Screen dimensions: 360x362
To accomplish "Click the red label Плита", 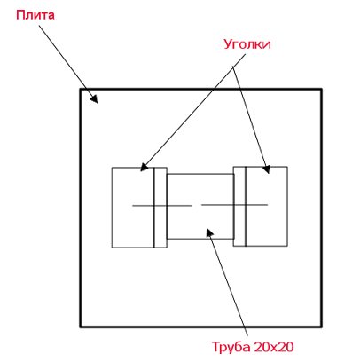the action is click(x=35, y=15).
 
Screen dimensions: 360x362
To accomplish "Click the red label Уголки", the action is click(x=247, y=44).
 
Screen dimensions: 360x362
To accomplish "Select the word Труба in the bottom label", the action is click(x=231, y=347).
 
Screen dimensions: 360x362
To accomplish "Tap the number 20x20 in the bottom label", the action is click(x=273, y=347).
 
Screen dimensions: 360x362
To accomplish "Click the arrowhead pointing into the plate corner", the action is click(x=94, y=98).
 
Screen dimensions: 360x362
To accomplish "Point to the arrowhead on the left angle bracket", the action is click(x=144, y=167).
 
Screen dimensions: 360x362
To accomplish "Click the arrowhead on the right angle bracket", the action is click(x=266, y=169).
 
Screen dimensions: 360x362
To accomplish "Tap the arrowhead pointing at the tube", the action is click(x=209, y=232).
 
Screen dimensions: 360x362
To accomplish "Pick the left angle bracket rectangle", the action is click(x=139, y=208).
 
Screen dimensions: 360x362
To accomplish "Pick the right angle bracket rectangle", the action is click(x=261, y=207).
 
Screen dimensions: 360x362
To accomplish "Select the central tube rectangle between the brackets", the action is click(x=200, y=206).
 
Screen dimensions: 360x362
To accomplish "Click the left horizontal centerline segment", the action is click(x=161, y=205).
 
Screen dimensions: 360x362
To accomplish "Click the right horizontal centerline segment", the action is click(x=234, y=205).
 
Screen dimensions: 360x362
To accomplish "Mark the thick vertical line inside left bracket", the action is click(x=154, y=208).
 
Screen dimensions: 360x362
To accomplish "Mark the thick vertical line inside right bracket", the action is click(x=246, y=207).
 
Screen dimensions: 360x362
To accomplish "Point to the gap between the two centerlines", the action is click(x=196, y=205).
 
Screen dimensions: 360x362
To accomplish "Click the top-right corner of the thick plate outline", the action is click(x=321, y=89).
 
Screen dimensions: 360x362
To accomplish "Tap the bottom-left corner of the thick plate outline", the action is click(x=80, y=327).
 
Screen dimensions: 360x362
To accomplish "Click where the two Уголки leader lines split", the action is click(x=233, y=67).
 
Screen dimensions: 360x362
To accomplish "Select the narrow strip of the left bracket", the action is click(x=160, y=208).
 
